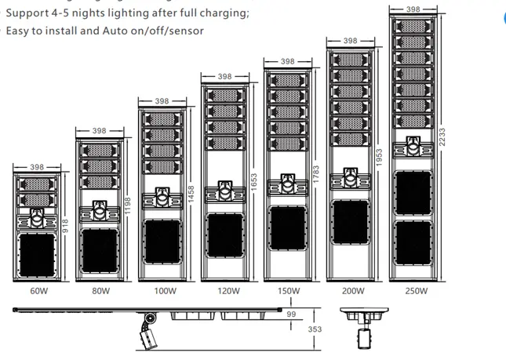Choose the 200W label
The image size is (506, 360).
click(352, 291)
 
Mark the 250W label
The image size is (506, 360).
click(416, 291)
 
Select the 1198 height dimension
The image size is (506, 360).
click(129, 206)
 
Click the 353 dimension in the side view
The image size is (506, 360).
click(315, 329)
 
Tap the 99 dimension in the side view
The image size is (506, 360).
click(291, 315)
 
